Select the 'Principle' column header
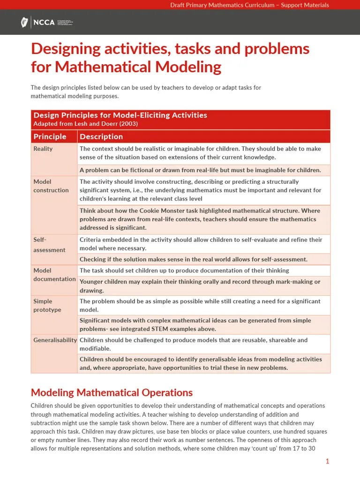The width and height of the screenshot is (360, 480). tap(50, 136)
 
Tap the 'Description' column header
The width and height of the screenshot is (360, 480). tap(101, 136)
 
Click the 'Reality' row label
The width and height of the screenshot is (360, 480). tap(43, 149)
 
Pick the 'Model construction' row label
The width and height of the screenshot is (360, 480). tap(51, 186)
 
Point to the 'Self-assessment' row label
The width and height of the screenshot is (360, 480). tap(49, 245)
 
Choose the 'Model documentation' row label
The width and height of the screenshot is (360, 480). tap(54, 275)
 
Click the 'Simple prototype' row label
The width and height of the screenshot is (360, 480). tap(47, 306)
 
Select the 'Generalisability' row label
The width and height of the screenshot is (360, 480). tap(55, 340)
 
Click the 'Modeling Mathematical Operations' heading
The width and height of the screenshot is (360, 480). tap(112, 392)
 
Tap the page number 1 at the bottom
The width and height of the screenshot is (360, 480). tap(327, 461)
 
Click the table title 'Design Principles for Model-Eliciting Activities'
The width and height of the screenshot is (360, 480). tap(120, 115)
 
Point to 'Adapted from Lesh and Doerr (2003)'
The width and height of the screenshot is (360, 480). tap(85, 124)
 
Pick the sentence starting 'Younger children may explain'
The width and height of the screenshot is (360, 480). tap(200, 282)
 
